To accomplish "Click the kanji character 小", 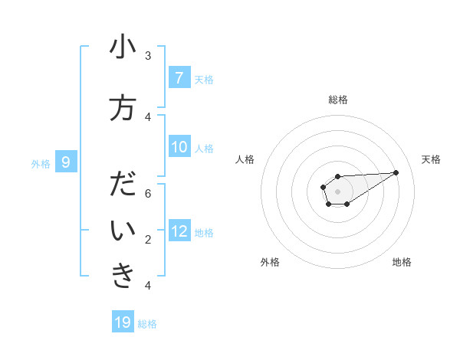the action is point(123,47).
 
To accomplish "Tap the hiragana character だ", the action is point(123,185).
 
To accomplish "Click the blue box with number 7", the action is point(179,77).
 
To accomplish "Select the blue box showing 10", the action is point(179,147).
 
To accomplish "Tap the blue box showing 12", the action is point(179,231).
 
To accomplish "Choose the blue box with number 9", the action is point(66,162).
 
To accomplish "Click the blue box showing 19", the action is point(123,322).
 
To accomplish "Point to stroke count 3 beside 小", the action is point(148,55).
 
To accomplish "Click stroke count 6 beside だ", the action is point(148,193).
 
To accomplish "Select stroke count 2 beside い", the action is point(148,239).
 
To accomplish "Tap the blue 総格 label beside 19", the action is point(147,324).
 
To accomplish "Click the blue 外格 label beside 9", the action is point(41,163).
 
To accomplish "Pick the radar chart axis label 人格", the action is point(245,159).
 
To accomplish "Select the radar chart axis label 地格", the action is point(402,262).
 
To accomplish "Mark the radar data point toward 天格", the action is point(396,172).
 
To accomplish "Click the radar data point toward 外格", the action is point(328,203).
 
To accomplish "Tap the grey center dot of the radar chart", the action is point(337,191).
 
